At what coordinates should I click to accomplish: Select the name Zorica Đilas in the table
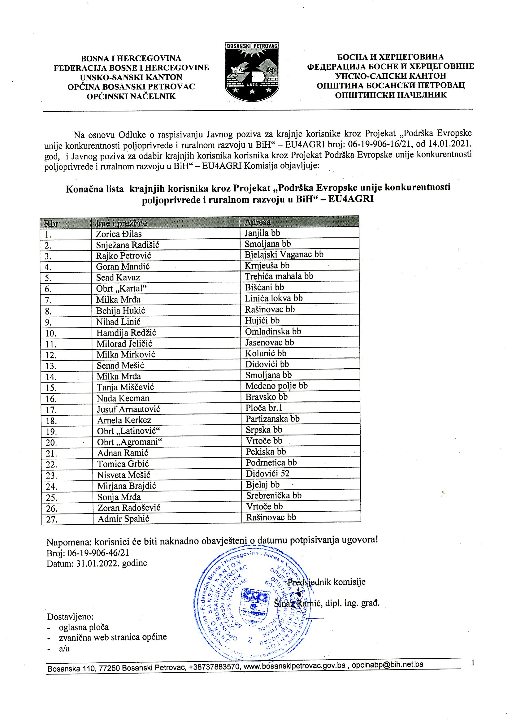coord(119,234)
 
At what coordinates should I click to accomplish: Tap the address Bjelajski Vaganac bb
coord(284,254)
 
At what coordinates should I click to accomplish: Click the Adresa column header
coord(258,222)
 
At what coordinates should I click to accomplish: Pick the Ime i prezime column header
coord(121,223)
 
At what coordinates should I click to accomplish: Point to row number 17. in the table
coord(51,410)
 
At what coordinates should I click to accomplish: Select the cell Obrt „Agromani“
coord(129,442)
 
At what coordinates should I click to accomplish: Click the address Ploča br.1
coord(264,408)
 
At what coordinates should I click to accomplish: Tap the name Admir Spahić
coord(123,519)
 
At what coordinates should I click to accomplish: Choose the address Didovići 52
coord(267,474)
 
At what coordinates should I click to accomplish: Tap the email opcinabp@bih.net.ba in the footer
coord(388,665)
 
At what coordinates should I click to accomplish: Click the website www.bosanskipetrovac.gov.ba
coord(294,666)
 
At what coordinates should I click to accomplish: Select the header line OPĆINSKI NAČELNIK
coord(131,96)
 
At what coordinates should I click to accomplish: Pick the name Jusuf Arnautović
coord(128,409)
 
